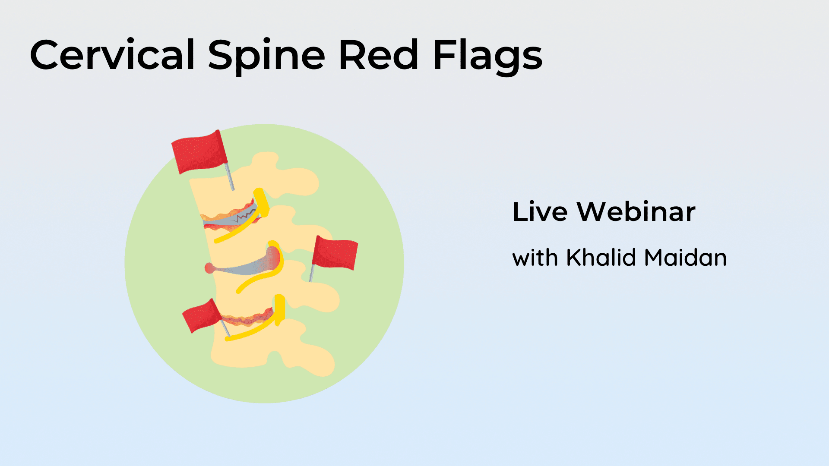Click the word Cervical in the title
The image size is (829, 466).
(x=112, y=55)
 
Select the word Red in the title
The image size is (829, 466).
(x=379, y=55)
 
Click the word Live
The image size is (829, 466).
(x=540, y=212)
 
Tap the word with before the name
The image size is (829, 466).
(x=535, y=258)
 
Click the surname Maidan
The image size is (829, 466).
(x=686, y=258)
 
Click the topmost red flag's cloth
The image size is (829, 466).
(x=199, y=152)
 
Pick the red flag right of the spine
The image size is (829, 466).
(x=335, y=253)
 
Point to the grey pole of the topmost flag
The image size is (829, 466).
(x=230, y=176)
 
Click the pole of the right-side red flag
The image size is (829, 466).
(x=312, y=273)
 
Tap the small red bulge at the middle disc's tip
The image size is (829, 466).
(x=209, y=268)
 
